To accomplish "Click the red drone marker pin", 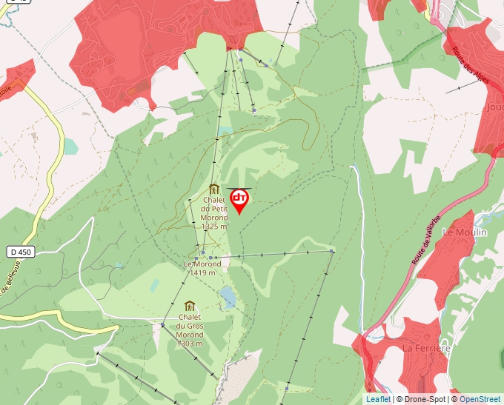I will click(x=239, y=200).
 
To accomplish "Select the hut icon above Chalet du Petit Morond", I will click(x=213, y=190).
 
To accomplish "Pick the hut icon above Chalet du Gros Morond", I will click(x=190, y=306).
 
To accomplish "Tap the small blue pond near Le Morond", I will click(x=228, y=298).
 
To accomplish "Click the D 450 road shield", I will click(x=21, y=252).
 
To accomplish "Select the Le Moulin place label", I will click(x=464, y=232).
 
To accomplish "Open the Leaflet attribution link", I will click(x=378, y=399).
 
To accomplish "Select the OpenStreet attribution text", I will click(x=480, y=399).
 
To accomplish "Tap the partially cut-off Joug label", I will click(x=494, y=107).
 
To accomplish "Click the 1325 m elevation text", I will click(x=213, y=227).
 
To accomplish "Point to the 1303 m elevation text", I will click(x=190, y=344).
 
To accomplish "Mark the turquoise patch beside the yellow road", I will click(x=70, y=146).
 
